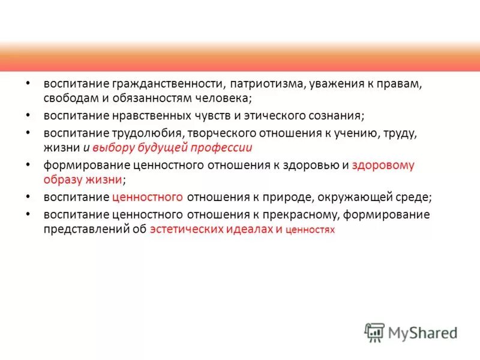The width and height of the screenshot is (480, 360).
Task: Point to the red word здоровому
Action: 383,166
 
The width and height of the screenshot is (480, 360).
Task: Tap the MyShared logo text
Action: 422,332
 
